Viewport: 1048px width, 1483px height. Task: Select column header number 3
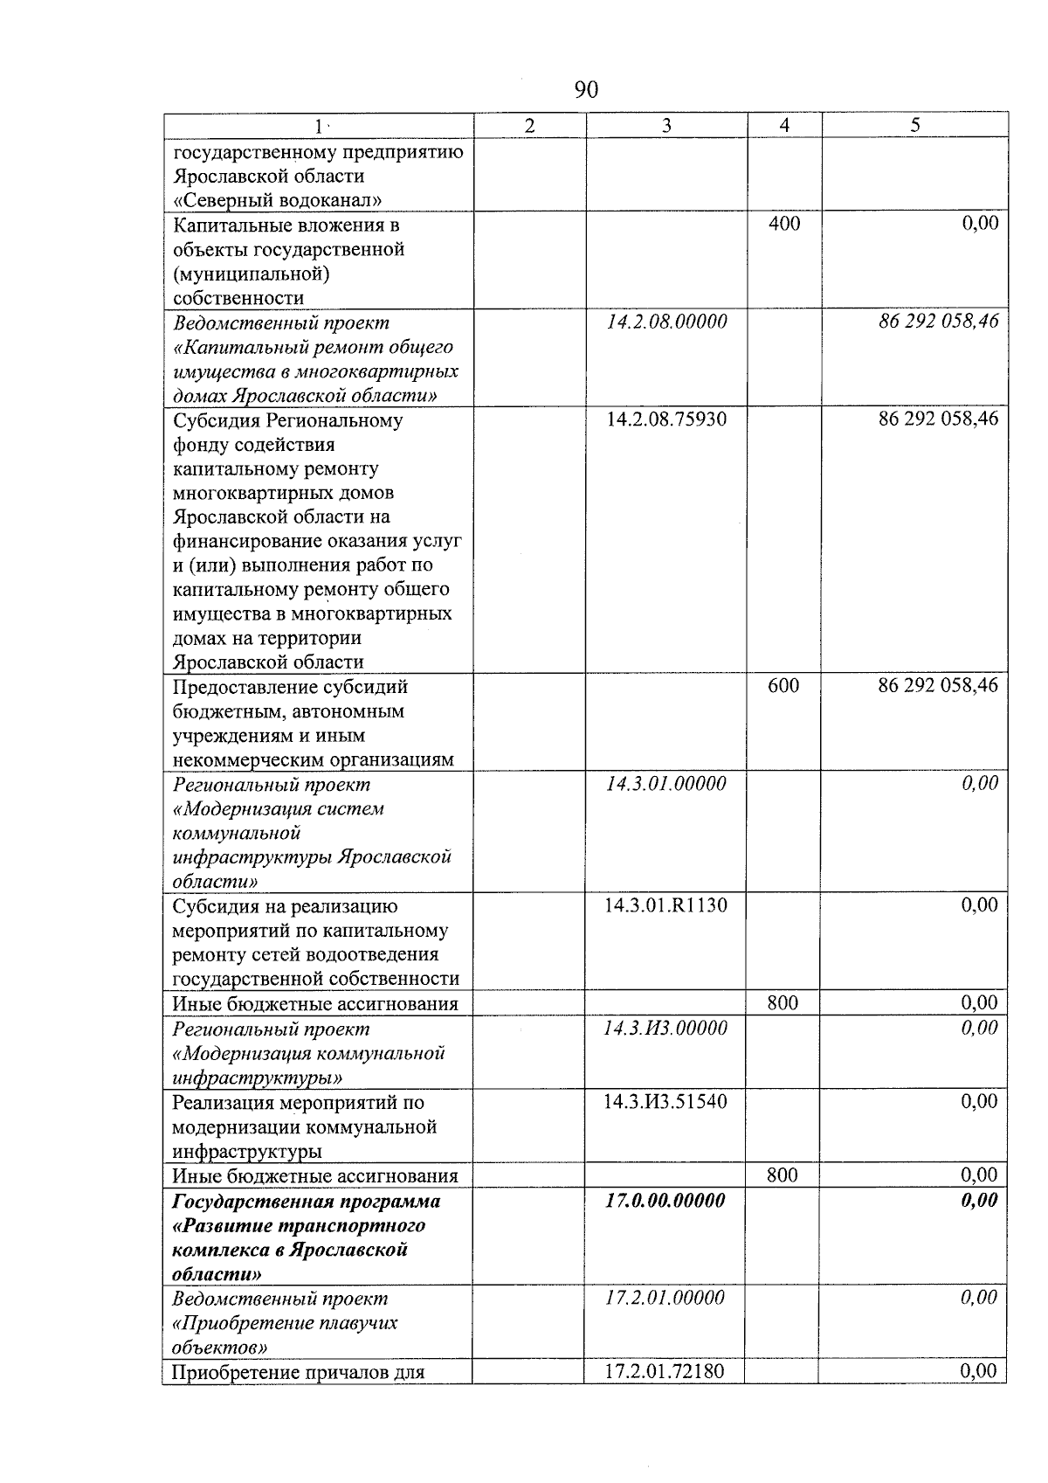point(666,126)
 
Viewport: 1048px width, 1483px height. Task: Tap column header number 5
point(914,126)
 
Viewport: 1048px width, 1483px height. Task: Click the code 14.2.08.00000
point(666,322)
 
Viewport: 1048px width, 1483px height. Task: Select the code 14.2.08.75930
point(666,419)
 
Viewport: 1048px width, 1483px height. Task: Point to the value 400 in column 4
point(783,224)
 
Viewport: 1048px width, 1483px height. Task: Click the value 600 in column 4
point(783,686)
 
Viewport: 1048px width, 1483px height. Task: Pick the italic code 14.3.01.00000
point(666,784)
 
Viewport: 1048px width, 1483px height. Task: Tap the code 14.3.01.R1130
point(665,905)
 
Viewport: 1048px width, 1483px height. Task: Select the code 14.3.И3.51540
point(665,1101)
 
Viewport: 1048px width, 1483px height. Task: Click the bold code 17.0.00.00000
point(665,1201)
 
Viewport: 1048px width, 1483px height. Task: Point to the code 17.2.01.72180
point(665,1371)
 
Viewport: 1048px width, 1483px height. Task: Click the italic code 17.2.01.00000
point(665,1299)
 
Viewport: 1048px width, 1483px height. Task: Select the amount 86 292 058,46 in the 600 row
point(938,686)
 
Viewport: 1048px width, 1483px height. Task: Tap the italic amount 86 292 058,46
point(938,322)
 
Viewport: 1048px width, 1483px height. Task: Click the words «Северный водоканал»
point(278,200)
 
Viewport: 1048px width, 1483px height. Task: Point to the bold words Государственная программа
point(307,1201)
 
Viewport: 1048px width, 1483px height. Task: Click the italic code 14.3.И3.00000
point(665,1029)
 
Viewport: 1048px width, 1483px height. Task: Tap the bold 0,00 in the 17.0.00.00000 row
point(979,1201)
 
